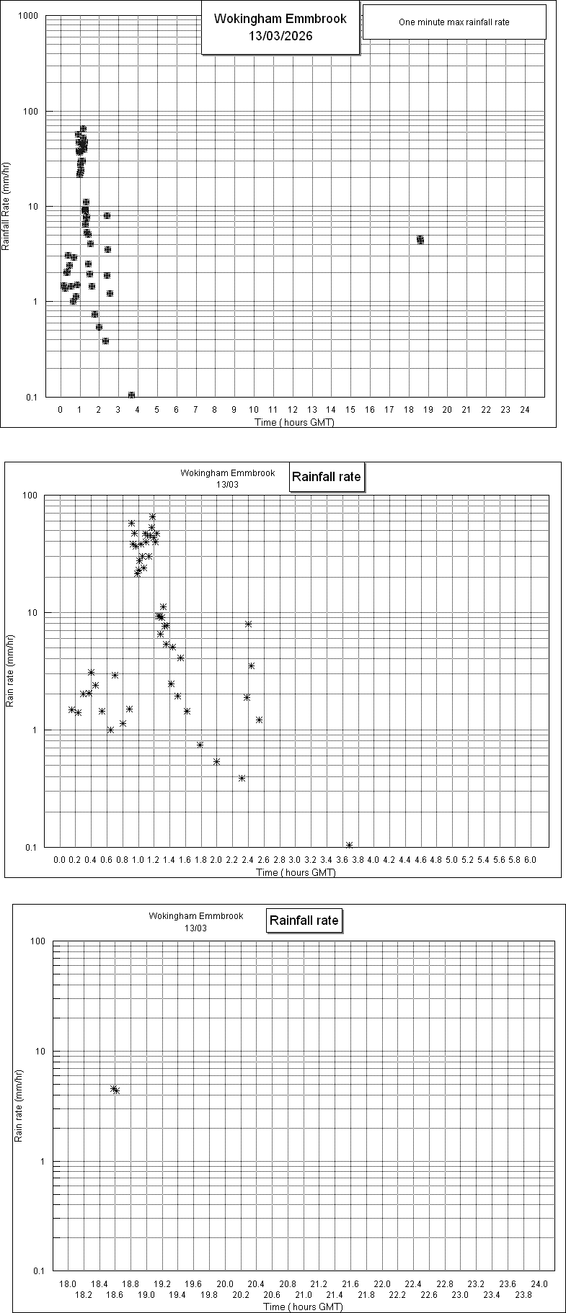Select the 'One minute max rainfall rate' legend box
click(454, 22)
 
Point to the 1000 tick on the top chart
click(29, 16)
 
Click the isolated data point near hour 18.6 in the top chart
click(420, 239)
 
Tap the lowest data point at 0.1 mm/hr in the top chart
click(131, 395)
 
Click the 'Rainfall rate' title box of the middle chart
click(325, 477)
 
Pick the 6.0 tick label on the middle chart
click(530, 860)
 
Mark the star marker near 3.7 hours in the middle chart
click(349, 845)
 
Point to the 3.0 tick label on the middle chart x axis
click(295, 860)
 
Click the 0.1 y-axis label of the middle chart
click(30, 848)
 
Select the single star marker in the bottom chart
click(114, 1089)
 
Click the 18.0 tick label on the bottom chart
click(68, 1284)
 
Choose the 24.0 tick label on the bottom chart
click(539, 1284)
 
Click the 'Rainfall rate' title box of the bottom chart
click(304, 920)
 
